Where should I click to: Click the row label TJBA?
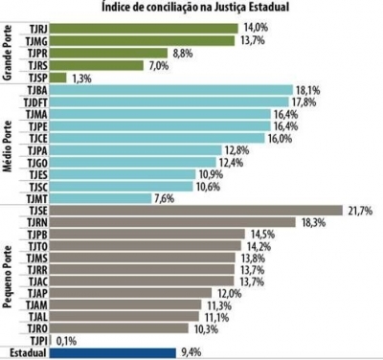pyautogui.click(x=35, y=90)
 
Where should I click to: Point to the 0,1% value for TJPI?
pyautogui.click(x=66, y=340)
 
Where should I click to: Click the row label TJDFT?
pyautogui.click(x=33, y=102)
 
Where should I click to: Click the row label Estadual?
pyautogui.click(x=23, y=352)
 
